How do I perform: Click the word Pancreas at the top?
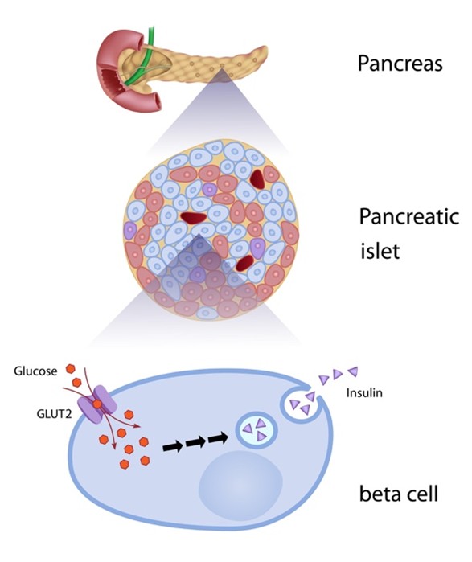point(400,64)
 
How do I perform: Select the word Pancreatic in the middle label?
point(408,218)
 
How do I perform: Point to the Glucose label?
point(36,371)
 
